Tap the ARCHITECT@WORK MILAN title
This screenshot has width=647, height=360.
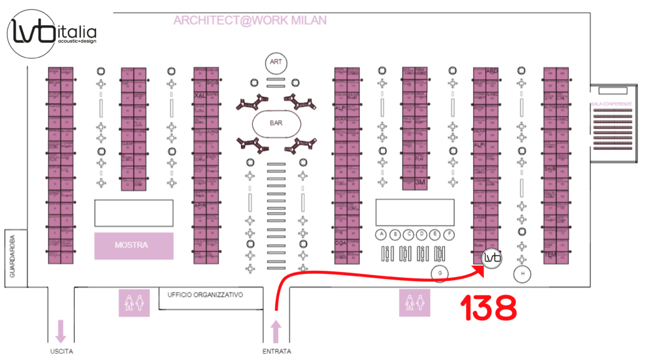click(x=249, y=21)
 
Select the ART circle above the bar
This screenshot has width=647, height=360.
click(x=275, y=62)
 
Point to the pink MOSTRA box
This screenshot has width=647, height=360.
click(x=133, y=246)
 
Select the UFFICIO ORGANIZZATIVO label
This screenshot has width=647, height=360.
click(x=205, y=294)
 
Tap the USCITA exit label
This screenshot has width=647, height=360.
click(x=61, y=351)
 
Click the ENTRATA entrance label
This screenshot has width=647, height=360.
click(x=276, y=351)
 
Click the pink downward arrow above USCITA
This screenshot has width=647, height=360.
click(x=61, y=330)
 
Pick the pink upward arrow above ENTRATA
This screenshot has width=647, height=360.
click(x=276, y=330)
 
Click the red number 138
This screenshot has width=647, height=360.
click(x=489, y=308)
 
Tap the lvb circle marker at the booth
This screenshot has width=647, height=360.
click(x=492, y=259)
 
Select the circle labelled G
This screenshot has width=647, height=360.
click(x=440, y=273)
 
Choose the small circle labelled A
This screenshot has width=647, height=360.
click(x=381, y=234)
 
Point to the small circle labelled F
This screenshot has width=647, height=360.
click(x=449, y=234)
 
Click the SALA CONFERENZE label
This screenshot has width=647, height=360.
click(x=609, y=102)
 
